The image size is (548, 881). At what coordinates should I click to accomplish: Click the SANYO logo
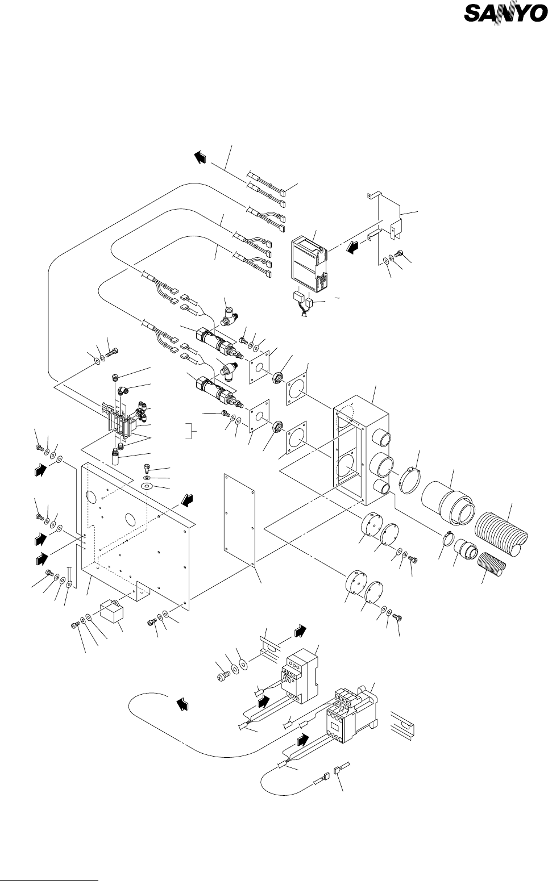pyautogui.click(x=503, y=29)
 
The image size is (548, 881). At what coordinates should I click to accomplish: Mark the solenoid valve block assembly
pyautogui.click(x=122, y=417)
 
